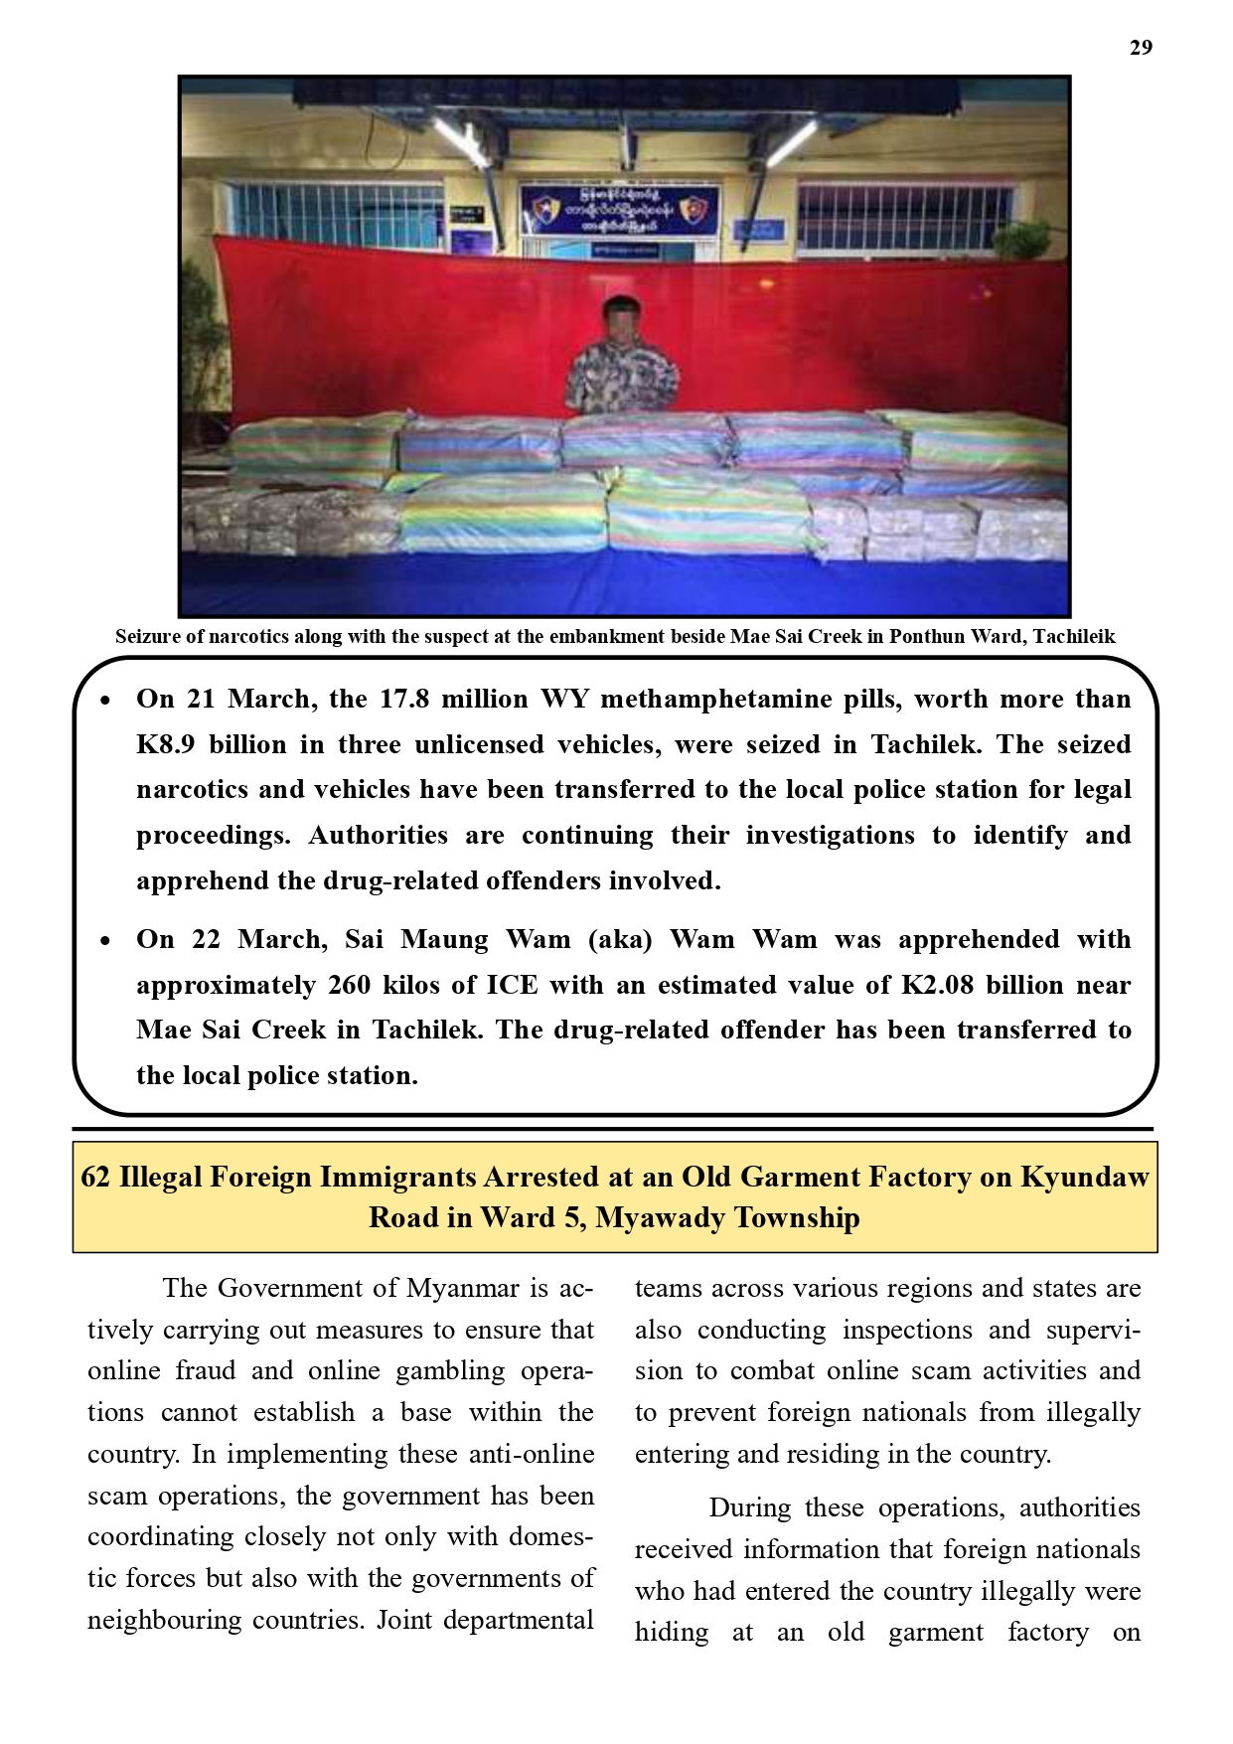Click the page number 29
[x=1141, y=48]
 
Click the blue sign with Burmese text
[x=619, y=209]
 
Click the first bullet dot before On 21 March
[x=106, y=702]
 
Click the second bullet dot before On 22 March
[x=106, y=942]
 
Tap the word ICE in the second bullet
[x=512, y=986]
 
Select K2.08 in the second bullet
[x=936, y=986]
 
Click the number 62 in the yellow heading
[x=95, y=1178]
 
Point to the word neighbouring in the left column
[x=163, y=1621]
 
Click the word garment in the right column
[x=935, y=1633]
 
